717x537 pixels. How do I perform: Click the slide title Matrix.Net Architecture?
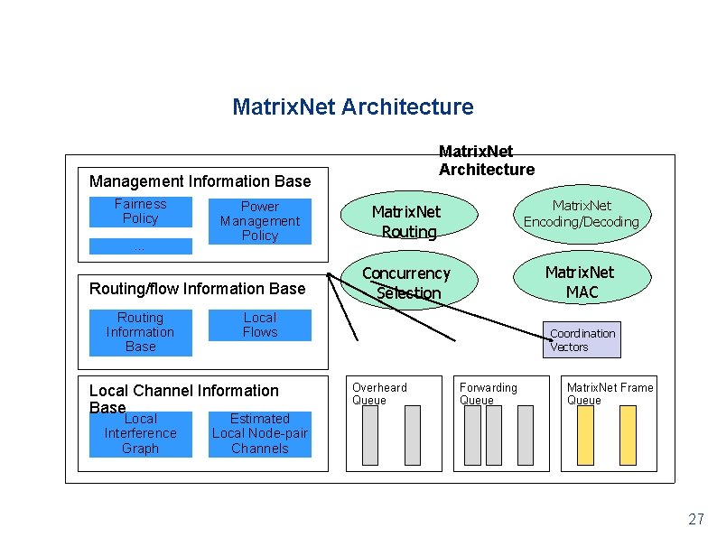pos(352,107)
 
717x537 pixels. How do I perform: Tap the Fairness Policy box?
pos(140,211)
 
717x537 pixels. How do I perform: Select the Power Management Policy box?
pos(259,221)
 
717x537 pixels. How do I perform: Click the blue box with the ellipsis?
pos(140,246)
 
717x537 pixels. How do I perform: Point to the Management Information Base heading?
pos(200,181)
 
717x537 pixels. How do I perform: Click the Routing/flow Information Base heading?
pos(197,289)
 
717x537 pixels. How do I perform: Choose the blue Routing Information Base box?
pos(140,332)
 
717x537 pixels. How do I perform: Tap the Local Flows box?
pos(259,325)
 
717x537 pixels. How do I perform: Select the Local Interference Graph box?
pos(140,434)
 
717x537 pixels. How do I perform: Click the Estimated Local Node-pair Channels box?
pos(259,434)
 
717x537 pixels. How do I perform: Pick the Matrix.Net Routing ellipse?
pos(405,221)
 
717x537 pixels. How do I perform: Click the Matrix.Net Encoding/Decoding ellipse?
pos(581,214)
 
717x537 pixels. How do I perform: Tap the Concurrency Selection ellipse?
pos(407,282)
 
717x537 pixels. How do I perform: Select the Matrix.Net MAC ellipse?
pos(581,282)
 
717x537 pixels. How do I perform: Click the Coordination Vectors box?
pos(582,340)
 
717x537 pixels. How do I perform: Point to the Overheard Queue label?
pos(379,393)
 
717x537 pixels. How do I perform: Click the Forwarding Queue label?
pos(488,393)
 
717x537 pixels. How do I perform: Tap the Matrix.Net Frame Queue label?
pos(610,393)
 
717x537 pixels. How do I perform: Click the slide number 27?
pos(695,519)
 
